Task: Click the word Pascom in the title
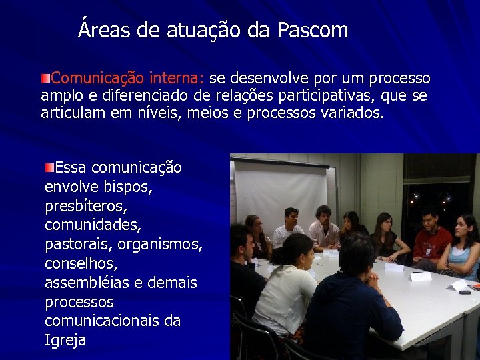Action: point(313,31)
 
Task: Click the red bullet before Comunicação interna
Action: point(45,79)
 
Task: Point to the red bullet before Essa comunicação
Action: point(49,166)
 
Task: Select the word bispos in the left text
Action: point(129,187)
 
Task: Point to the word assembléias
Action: point(87,283)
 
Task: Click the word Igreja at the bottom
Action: point(65,341)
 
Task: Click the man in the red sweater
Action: point(431,240)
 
